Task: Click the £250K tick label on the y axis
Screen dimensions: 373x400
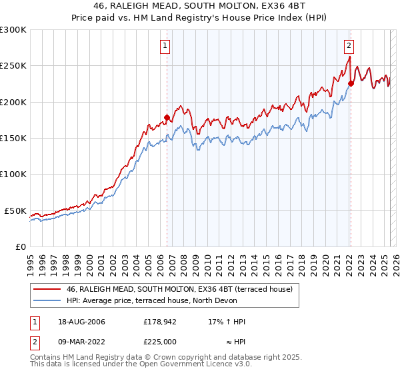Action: pyautogui.click(x=13, y=66)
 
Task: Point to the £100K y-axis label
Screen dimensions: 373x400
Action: pyautogui.click(x=13, y=174)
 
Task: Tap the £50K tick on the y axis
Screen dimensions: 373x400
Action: pyautogui.click(x=16, y=210)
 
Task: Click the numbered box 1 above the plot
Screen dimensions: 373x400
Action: pyautogui.click(x=165, y=46)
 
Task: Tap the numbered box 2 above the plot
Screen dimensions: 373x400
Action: pyautogui.click(x=349, y=46)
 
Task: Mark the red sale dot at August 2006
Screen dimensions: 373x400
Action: pyautogui.click(x=167, y=117)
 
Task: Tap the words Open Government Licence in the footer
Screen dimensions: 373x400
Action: pyautogui.click(x=175, y=366)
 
